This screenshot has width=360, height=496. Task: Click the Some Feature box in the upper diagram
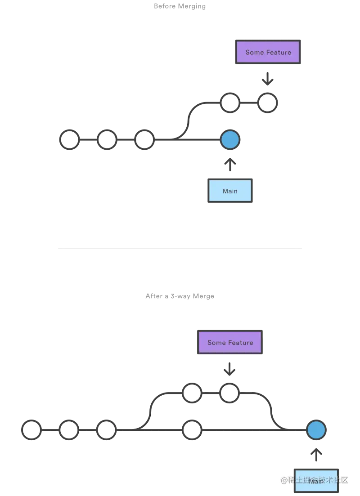pyautogui.click(x=268, y=52)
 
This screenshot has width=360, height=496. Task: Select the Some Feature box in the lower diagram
pyautogui.click(x=230, y=343)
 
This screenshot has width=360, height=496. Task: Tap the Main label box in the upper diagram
pyautogui.click(x=230, y=191)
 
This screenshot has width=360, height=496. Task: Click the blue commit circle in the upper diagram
pyautogui.click(x=230, y=140)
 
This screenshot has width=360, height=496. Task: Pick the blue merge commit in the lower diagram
pyautogui.click(x=316, y=430)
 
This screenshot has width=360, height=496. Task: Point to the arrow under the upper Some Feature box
pyautogui.click(x=267, y=80)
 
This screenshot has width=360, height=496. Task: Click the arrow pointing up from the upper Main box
pyautogui.click(x=230, y=164)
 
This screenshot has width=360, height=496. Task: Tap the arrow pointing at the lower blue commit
pyautogui.click(x=317, y=455)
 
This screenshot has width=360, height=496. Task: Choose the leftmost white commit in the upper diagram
pyautogui.click(x=70, y=140)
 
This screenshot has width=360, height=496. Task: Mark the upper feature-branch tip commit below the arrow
pyautogui.click(x=267, y=103)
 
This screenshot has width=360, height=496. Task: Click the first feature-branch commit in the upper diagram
pyautogui.click(x=230, y=103)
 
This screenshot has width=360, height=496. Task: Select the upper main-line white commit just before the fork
pyautogui.click(x=144, y=140)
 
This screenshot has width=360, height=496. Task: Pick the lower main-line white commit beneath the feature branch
pyautogui.click(x=192, y=430)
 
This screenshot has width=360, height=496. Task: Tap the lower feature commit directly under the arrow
pyautogui.click(x=229, y=393)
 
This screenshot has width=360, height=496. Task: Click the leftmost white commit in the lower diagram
pyautogui.click(x=32, y=430)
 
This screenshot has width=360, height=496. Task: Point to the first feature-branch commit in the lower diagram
pyautogui.click(x=192, y=393)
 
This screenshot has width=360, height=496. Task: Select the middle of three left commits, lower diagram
pyautogui.click(x=69, y=430)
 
